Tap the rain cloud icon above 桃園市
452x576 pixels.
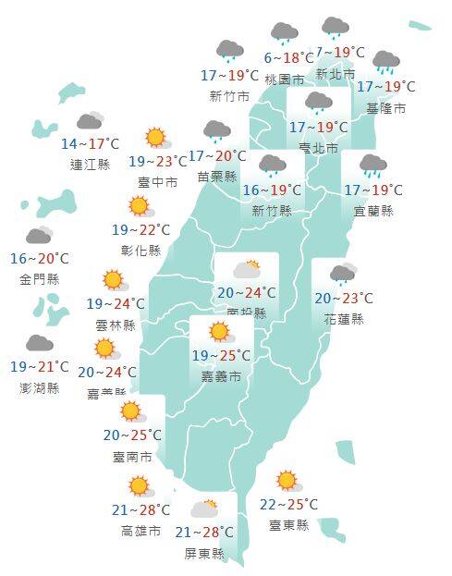[x=284, y=34]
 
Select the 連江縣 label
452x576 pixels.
[x=90, y=165]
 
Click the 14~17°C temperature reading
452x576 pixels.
[x=90, y=144]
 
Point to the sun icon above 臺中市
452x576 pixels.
[x=155, y=139]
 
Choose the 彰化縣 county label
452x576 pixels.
[x=141, y=250]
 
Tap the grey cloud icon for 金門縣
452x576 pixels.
[x=39, y=236]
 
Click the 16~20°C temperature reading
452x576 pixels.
[x=39, y=259]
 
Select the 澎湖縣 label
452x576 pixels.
[x=39, y=388]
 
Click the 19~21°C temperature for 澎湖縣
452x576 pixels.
[x=39, y=367]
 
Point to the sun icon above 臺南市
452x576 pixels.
[x=130, y=411]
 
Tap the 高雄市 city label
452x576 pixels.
[x=140, y=531]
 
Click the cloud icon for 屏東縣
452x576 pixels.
[x=204, y=509]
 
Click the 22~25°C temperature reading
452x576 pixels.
[x=288, y=504]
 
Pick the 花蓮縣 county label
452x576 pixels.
[x=344, y=319]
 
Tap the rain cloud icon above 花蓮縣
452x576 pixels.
[x=343, y=274]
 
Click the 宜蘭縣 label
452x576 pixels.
[x=373, y=211]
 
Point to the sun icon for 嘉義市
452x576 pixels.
[x=219, y=332]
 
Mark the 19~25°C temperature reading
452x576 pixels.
[x=221, y=356]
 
